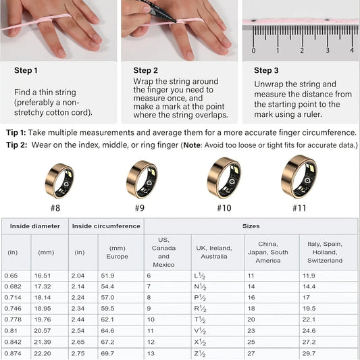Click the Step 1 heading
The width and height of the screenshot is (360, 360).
(x=26, y=70)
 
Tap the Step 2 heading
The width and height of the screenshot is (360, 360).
(x=145, y=70)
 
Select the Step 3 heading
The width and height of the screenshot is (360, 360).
(x=265, y=70)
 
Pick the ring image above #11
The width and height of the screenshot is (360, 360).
(x=299, y=177)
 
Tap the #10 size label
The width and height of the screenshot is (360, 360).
(x=224, y=208)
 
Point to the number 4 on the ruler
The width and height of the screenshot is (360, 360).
(x=352, y=50)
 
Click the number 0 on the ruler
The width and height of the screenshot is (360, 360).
(x=253, y=50)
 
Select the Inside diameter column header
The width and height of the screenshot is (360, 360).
(x=35, y=226)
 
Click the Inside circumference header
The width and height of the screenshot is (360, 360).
(x=106, y=226)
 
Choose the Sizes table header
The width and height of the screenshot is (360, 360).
(x=251, y=226)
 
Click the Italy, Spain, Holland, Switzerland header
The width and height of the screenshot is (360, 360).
(x=328, y=252)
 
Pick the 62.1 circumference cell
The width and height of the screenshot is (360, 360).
(x=107, y=319)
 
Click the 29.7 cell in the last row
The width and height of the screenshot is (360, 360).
(x=308, y=354)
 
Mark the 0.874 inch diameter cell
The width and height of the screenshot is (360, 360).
(x=13, y=354)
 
